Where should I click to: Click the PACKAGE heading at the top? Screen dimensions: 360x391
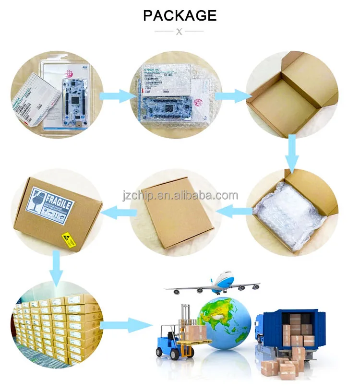pyautogui.click(x=180, y=15)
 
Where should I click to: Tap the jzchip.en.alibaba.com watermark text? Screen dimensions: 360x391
pyautogui.click(x=180, y=196)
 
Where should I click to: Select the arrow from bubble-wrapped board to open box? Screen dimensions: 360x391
pyautogui.click(x=233, y=96)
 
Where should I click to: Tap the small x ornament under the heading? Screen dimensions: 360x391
pyautogui.click(x=180, y=32)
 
